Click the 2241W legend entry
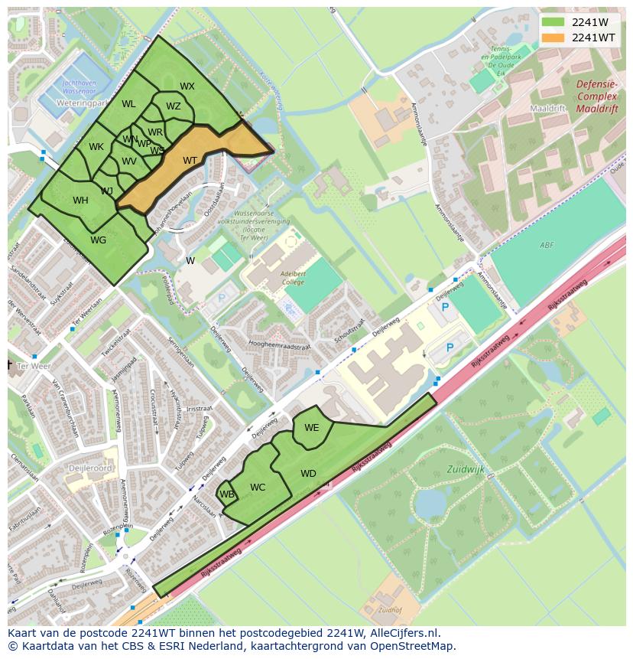(x=589, y=22)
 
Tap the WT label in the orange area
(x=190, y=161)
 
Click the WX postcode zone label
(x=187, y=86)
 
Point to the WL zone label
(x=128, y=104)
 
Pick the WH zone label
(x=80, y=201)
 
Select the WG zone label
(x=98, y=240)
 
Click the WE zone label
(x=311, y=428)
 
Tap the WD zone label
(x=308, y=474)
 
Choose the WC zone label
(x=258, y=488)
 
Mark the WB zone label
(x=227, y=494)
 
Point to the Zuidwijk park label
(x=467, y=469)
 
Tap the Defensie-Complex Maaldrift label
(x=596, y=97)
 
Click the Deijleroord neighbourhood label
(x=87, y=468)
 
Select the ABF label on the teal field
(x=546, y=245)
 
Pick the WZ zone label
(x=174, y=106)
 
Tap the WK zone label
(x=96, y=147)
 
